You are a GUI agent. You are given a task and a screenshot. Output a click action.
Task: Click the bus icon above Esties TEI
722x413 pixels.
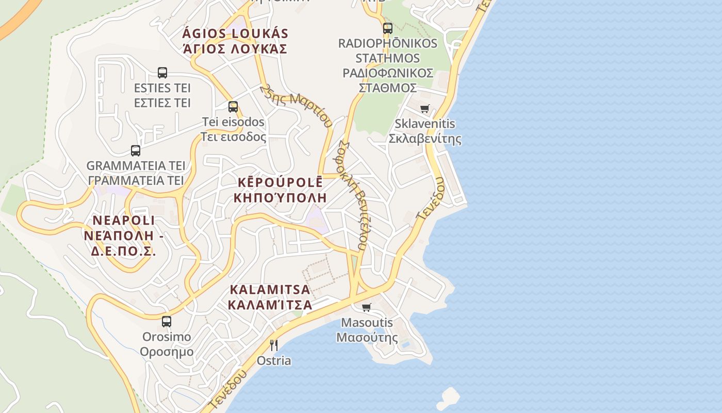coord(162,73)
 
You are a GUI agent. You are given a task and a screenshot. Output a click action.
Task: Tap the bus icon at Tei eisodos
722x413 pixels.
coord(233,107)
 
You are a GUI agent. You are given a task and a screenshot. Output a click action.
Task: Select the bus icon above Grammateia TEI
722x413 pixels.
coord(136,151)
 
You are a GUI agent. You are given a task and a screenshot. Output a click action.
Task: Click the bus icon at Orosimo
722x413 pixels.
coord(167,322)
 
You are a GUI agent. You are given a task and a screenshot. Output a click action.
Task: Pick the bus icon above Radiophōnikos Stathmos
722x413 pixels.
coord(388,28)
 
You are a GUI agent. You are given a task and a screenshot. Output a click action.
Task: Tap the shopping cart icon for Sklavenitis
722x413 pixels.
coord(424,109)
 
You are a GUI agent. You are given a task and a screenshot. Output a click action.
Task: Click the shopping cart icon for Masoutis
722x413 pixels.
coord(367,308)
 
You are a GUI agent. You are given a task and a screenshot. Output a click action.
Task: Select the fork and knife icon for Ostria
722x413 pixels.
coord(274,345)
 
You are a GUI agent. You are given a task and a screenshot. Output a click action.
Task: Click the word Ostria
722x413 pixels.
coord(274,361)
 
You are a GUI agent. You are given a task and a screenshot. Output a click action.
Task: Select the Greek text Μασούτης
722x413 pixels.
coord(367,338)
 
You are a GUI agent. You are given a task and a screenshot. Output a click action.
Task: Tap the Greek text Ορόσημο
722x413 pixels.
coord(167,352)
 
